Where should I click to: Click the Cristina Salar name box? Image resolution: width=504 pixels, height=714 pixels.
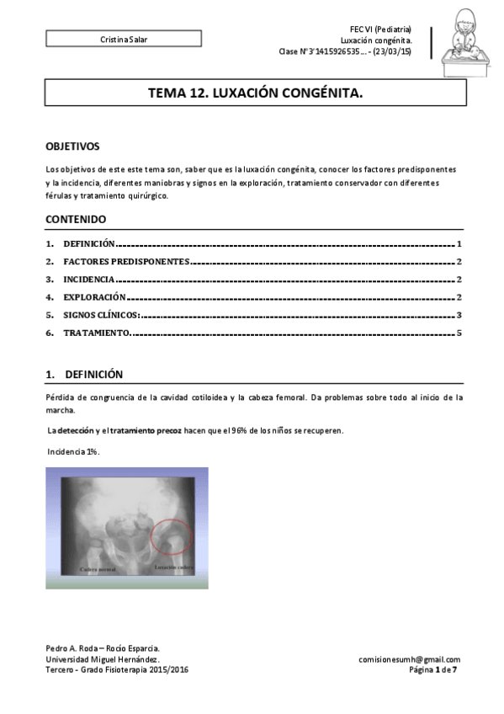(123, 39)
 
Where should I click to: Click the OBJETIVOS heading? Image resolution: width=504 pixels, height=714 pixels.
(72, 146)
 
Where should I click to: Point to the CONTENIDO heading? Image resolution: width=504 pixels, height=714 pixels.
(76, 219)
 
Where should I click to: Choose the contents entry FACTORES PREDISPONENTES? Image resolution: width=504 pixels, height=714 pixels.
(126, 261)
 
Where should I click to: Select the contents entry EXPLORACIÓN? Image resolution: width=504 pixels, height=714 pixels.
(94, 297)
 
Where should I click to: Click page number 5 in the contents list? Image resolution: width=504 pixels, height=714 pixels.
(459, 333)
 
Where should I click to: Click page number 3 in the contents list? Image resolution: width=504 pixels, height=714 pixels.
(459, 315)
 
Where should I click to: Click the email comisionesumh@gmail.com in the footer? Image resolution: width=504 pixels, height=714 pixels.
(409, 659)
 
